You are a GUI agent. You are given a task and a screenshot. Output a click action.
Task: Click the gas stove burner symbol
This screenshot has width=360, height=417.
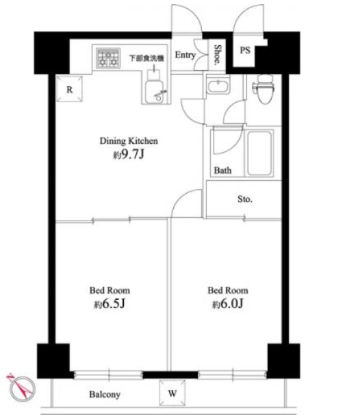point(108,58)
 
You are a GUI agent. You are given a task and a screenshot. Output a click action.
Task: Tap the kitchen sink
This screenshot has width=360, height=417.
point(156,90)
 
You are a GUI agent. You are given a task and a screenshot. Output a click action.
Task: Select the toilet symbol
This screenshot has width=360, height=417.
point(263,88)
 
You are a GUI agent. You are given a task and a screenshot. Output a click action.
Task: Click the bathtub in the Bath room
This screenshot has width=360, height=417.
point(259,153)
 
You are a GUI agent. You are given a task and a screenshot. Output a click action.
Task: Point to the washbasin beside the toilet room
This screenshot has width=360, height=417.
point(218,86)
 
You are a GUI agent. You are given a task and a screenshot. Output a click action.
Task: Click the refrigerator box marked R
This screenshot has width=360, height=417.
point(69,89)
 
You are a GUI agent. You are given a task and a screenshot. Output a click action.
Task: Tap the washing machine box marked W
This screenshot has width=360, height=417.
point(172,393)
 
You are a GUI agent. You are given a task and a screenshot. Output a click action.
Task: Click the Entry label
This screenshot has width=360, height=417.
point(185,55)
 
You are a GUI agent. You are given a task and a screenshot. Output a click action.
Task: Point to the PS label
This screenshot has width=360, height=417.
point(245,50)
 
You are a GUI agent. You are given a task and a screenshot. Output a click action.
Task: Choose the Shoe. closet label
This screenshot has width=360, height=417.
point(218,55)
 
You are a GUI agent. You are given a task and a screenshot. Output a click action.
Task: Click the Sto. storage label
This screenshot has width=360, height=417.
point(244,199)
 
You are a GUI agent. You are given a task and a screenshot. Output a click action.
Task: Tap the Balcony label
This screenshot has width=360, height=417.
point(105,394)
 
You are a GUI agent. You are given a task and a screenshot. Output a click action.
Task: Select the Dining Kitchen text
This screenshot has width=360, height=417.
point(129,140)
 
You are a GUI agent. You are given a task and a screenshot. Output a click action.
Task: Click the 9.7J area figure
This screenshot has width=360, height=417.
point(133,154)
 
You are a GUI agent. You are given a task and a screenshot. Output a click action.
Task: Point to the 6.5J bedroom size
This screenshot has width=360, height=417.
point(113,303)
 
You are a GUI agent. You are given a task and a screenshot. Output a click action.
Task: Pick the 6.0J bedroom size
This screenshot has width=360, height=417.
point(231,303)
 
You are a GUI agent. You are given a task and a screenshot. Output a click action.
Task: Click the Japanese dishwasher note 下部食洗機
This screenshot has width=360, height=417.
point(146,58)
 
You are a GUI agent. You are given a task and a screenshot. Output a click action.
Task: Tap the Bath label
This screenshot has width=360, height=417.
point(222,170)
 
